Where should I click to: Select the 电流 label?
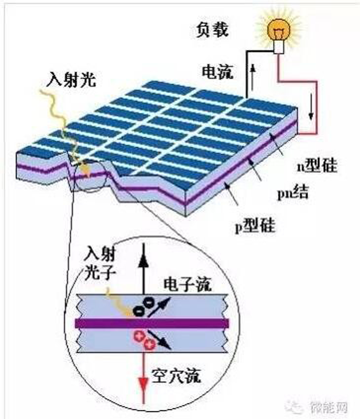tap(217, 72)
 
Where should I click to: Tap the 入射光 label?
tap(72, 79)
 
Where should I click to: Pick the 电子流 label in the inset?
tap(188, 284)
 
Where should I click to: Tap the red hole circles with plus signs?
tap(144, 339)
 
